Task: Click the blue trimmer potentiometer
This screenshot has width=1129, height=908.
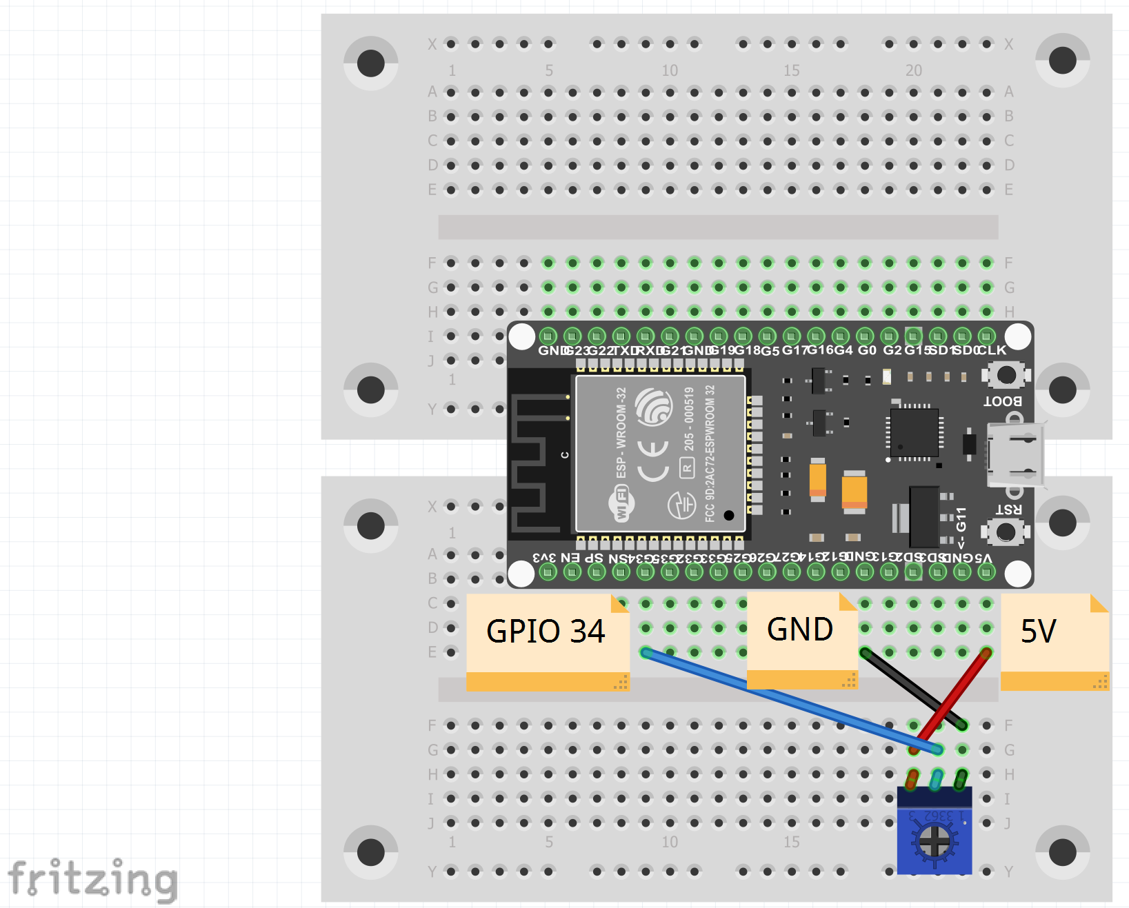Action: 935,831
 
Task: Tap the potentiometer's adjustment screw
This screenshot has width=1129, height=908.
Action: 935,841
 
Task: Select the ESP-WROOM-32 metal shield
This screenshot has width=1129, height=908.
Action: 660,454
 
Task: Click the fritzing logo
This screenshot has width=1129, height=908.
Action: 93,880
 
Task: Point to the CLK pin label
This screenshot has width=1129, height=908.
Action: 992,350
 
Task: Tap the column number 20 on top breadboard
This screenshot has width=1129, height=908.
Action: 914,70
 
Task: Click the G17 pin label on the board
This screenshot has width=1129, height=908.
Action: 794,350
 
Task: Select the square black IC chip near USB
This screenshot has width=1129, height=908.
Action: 914,432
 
